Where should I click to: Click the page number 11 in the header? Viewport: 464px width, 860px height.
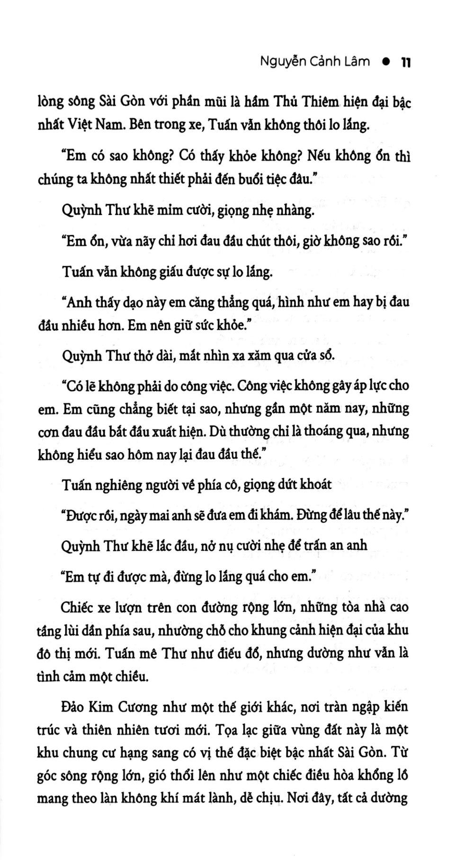click(405, 62)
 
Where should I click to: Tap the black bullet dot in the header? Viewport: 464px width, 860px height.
click(385, 62)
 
